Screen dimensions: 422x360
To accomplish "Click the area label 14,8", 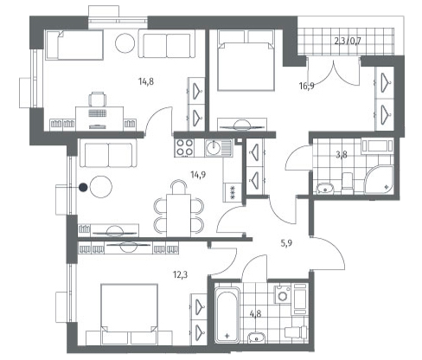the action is point(146,82).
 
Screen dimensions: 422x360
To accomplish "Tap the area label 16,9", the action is point(306,86).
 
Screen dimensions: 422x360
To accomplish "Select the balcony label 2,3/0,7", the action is point(348,41).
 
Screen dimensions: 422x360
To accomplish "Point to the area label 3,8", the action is point(342,155).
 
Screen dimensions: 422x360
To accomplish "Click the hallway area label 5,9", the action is point(286,243).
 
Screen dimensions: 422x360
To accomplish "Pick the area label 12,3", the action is point(181,275).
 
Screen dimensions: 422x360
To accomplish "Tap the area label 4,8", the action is point(256,313).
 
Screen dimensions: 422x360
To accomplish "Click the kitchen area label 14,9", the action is point(198,175).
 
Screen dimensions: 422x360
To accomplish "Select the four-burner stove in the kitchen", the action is point(184,147).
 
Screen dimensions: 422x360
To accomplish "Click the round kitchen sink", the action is point(213,147).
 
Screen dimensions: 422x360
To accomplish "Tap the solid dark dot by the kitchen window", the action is point(83,188).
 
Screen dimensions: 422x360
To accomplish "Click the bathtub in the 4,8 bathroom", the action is point(227,315).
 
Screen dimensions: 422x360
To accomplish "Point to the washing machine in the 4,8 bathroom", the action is point(283,294).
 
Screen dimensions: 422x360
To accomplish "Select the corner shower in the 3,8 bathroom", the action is point(379,179).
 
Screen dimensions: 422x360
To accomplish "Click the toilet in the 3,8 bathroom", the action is point(347,183).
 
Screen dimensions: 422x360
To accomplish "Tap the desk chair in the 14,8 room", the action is point(97,99).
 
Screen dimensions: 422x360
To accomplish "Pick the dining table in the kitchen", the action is point(178,215).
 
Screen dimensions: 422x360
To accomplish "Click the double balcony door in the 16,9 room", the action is point(334,71).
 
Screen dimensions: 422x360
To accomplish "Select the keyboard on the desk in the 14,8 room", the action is point(97,113).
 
